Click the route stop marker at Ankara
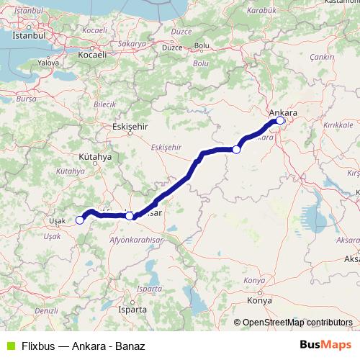click(280, 121)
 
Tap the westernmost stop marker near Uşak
click(79, 220)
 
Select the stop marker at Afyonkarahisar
click(129, 215)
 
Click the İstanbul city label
click(30, 34)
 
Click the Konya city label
click(258, 300)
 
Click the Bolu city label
click(202, 46)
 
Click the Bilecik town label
click(105, 104)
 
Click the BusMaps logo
click(326, 345)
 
